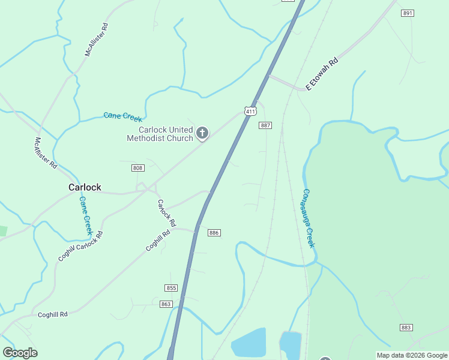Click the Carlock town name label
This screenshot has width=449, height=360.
click(x=85, y=187)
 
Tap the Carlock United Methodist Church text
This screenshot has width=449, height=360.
click(x=160, y=134)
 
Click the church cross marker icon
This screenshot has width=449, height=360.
click(x=203, y=133)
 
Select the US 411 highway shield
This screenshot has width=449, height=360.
click(x=250, y=111)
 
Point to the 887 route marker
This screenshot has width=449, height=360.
click(x=265, y=125)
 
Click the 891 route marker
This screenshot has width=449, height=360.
click(x=408, y=13)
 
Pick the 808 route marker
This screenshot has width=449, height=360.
click(x=138, y=168)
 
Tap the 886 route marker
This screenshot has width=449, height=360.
click(x=214, y=232)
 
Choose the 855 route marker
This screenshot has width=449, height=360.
click(x=171, y=288)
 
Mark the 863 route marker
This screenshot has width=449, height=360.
click(x=166, y=304)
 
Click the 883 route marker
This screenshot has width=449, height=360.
click(x=406, y=327)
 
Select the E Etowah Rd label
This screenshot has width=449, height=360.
click(x=322, y=74)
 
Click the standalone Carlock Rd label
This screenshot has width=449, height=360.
click(x=166, y=213)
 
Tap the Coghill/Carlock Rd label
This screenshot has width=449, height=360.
click(x=80, y=246)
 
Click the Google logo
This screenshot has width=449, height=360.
click(x=20, y=353)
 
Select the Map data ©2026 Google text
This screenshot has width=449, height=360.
click(x=412, y=356)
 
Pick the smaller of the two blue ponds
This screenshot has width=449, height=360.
click(x=291, y=344)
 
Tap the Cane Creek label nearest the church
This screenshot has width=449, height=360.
click(x=122, y=116)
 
